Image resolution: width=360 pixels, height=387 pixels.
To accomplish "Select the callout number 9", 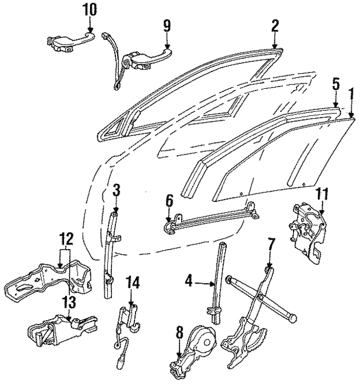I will [166, 25].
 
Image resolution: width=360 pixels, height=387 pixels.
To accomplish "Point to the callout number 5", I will [336, 84].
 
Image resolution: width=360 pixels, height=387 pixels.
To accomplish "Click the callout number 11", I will [321, 195].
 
